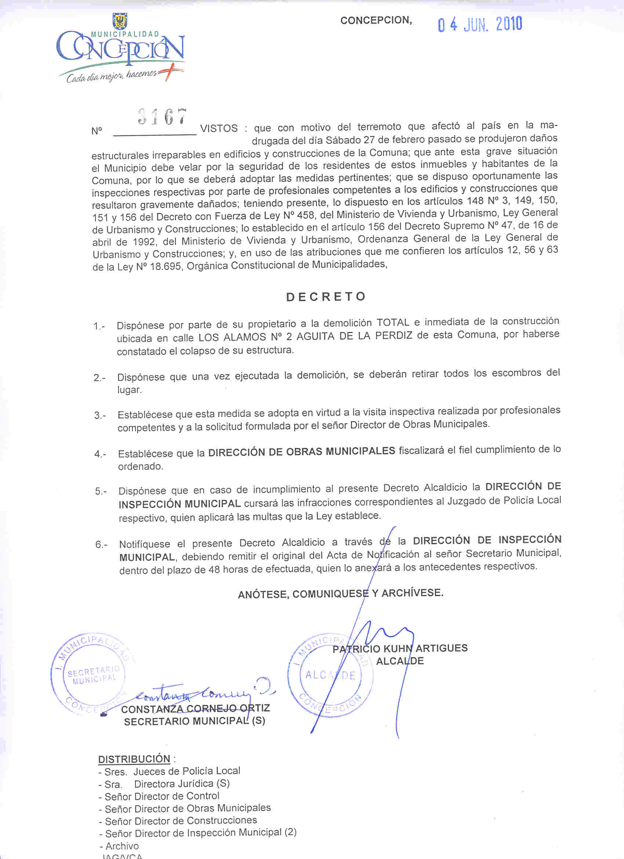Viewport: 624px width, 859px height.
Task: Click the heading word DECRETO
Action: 326,297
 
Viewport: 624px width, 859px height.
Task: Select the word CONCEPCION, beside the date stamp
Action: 376,21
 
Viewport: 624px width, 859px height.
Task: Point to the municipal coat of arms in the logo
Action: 120,21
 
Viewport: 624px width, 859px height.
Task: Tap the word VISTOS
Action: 219,128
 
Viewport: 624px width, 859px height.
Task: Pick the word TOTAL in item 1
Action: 393,323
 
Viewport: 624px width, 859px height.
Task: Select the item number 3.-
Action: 100,416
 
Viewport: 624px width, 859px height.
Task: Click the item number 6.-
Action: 101,545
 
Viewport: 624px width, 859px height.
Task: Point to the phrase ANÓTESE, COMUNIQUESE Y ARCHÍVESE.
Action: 340,594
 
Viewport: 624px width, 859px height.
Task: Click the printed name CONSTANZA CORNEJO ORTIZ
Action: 195,708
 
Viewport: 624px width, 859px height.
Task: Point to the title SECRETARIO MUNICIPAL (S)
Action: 195,721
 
